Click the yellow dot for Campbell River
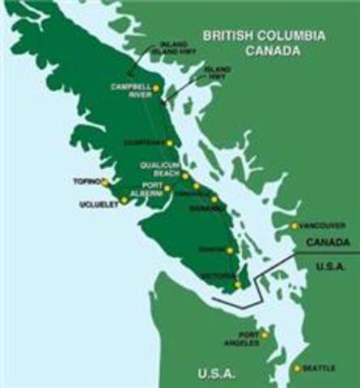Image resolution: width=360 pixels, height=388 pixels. click(x=155, y=88)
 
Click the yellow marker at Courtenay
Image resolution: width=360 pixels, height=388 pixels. click(x=170, y=142)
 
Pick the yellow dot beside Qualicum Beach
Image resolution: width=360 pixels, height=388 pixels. click(x=185, y=175)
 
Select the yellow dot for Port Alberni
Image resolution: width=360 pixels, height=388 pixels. click(x=167, y=188)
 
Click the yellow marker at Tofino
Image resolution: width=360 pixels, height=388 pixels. click(x=105, y=183)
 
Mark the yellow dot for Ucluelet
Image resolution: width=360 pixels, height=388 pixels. click(x=123, y=200)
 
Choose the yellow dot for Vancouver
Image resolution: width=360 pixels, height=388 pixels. click(x=294, y=226)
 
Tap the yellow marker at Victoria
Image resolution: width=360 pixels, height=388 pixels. click(x=237, y=284)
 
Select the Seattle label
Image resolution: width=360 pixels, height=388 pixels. click(x=320, y=369)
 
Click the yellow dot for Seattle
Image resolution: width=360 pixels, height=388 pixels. click(x=297, y=369)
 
